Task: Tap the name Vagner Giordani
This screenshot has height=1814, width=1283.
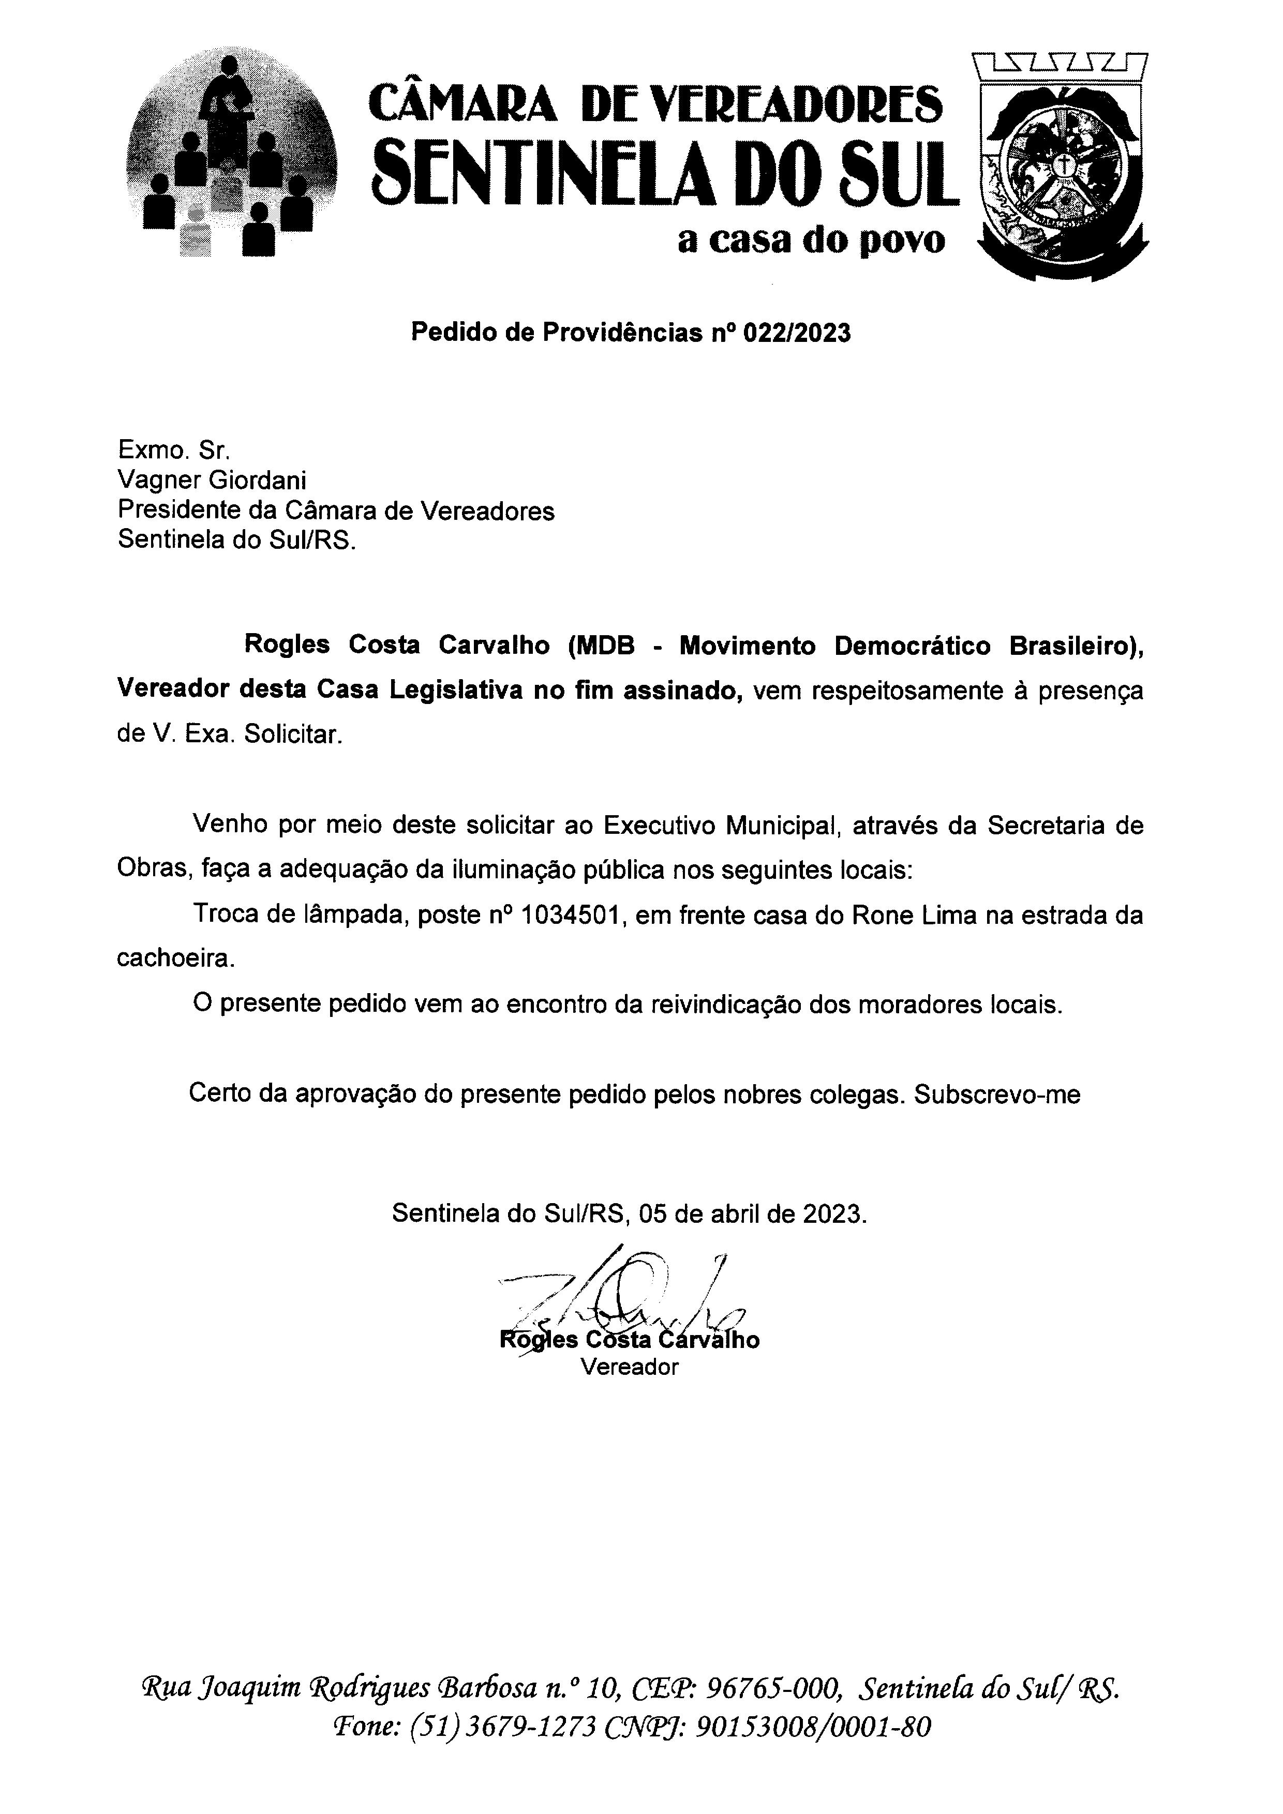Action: tap(212, 481)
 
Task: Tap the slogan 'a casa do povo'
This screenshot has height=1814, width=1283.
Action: tap(811, 241)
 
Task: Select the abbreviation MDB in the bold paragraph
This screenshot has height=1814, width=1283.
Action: tap(605, 646)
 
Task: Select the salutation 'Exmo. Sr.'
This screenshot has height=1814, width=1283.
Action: tap(174, 451)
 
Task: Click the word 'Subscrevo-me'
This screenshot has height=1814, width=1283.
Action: tap(997, 1095)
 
